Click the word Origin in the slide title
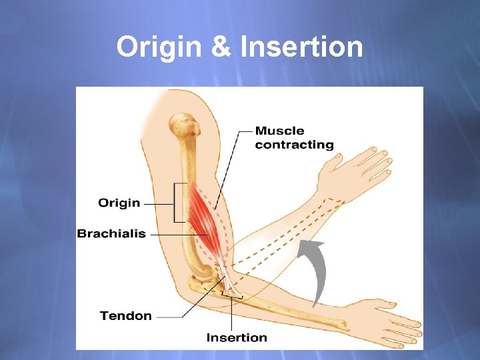pyautogui.click(x=157, y=47)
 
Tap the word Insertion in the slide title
pyautogui.click(x=301, y=47)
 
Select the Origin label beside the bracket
pyautogui.click(x=119, y=203)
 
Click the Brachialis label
pyautogui.click(x=111, y=234)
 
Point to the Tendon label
pyautogui.click(x=125, y=315)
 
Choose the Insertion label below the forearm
pyautogui.click(x=237, y=337)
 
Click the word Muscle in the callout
pyautogui.click(x=279, y=131)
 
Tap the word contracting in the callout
pyautogui.click(x=294, y=145)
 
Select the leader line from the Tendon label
pyautogui.click(x=180, y=313)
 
